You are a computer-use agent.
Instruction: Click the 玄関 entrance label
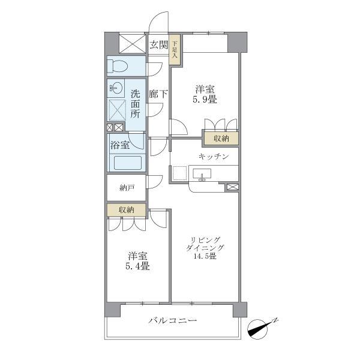pyautogui.click(x=158, y=44)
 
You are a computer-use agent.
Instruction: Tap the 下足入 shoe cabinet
pyautogui.click(x=175, y=49)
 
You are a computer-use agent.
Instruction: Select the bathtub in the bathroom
pyautogui.click(x=126, y=163)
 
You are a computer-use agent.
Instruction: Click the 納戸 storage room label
pyautogui.click(x=127, y=188)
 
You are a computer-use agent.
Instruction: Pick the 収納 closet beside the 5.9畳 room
pyautogui.click(x=221, y=139)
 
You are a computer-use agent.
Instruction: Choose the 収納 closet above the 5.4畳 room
pyautogui.click(x=126, y=209)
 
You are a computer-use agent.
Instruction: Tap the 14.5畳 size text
pyautogui.click(x=205, y=256)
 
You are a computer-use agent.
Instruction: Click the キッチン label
pyautogui.click(x=214, y=156)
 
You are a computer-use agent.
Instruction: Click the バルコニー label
pyautogui.click(x=173, y=321)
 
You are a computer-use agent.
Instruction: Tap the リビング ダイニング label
pyautogui.click(x=205, y=243)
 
